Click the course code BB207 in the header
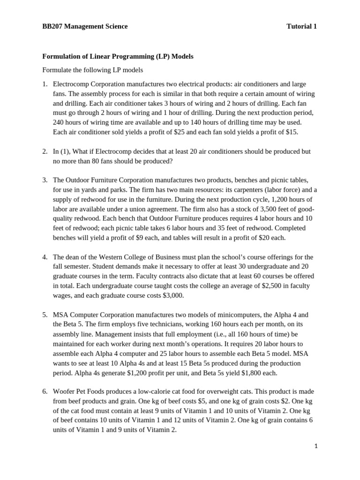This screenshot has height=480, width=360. [52, 26]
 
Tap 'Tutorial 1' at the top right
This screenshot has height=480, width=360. [301, 26]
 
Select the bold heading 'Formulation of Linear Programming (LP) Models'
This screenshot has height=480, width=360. [118, 56]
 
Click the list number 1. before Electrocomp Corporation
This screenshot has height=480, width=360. [45, 84]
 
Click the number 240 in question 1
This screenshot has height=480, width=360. [59, 122]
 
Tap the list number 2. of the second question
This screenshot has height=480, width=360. [45, 151]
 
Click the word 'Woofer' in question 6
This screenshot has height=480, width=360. [64, 391]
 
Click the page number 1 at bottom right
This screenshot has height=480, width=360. [316, 447]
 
